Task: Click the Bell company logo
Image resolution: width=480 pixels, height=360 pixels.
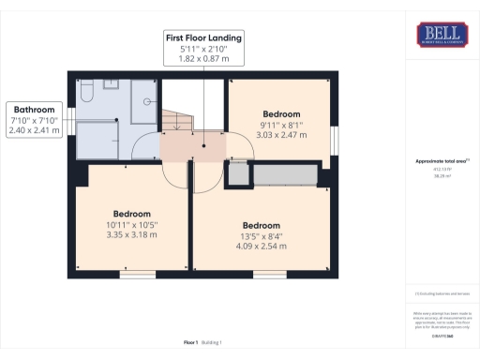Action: point(442,36)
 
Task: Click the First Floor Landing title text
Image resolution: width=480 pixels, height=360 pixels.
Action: point(203,38)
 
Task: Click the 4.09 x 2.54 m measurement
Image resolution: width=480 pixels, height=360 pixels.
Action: point(262,247)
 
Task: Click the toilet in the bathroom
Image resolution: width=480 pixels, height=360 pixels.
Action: point(85,92)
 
